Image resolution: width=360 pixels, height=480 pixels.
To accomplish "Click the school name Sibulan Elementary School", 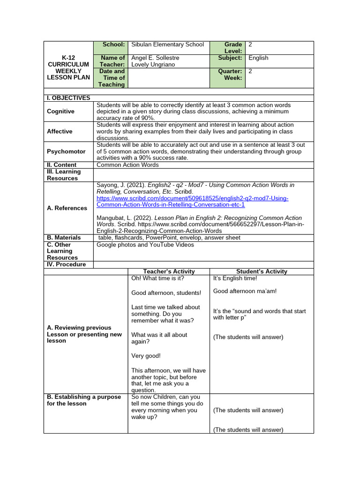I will pyautogui.click(x=167, y=45).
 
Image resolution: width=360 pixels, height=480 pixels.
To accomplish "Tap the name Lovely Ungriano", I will pyautogui.click(x=153, y=65).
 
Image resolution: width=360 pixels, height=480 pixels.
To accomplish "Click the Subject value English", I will pyautogui.click(x=258, y=58).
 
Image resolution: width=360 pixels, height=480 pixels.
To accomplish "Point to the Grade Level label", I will pyautogui.click(x=232, y=48).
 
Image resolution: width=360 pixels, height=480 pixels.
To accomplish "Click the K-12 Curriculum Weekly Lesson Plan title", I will pyautogui.click(x=68, y=67).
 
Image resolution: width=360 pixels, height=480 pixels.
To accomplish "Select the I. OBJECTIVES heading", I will pyautogui.click(x=68, y=98).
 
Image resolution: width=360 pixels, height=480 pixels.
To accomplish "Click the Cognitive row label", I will pyautogui.click(x=60, y=112).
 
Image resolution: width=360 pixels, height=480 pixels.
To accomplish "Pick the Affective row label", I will pyautogui.click(x=60, y=132).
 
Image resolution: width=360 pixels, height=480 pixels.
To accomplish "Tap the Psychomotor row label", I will pyautogui.click(x=66, y=152).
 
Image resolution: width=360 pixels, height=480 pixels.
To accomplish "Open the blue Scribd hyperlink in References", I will pyautogui.click(x=192, y=202).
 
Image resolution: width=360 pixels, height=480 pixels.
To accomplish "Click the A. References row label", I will pyautogui.click(x=67, y=208).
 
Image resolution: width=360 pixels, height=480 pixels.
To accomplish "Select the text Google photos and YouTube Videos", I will pyautogui.click(x=145, y=245).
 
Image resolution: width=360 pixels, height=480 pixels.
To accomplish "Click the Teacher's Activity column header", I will pyautogui.click(x=169, y=271).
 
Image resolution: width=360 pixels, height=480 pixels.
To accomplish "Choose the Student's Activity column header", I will pyautogui.click(x=262, y=271).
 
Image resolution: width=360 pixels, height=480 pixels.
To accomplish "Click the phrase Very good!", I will pyautogui.click(x=146, y=356).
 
